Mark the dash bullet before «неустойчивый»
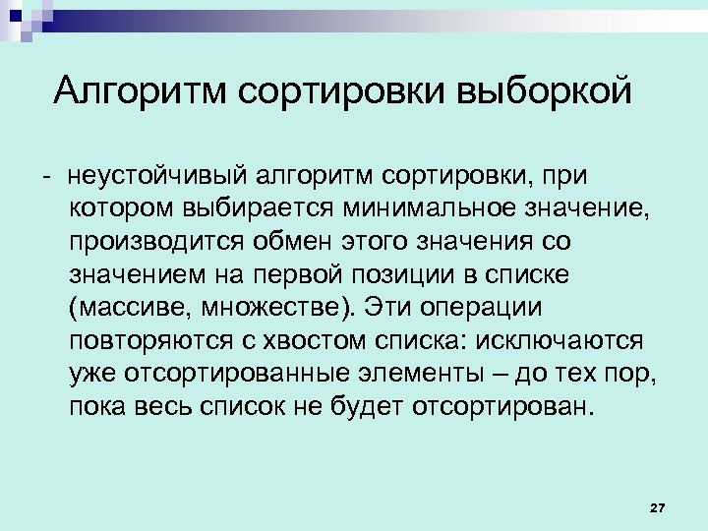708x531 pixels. tap(45, 177)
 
